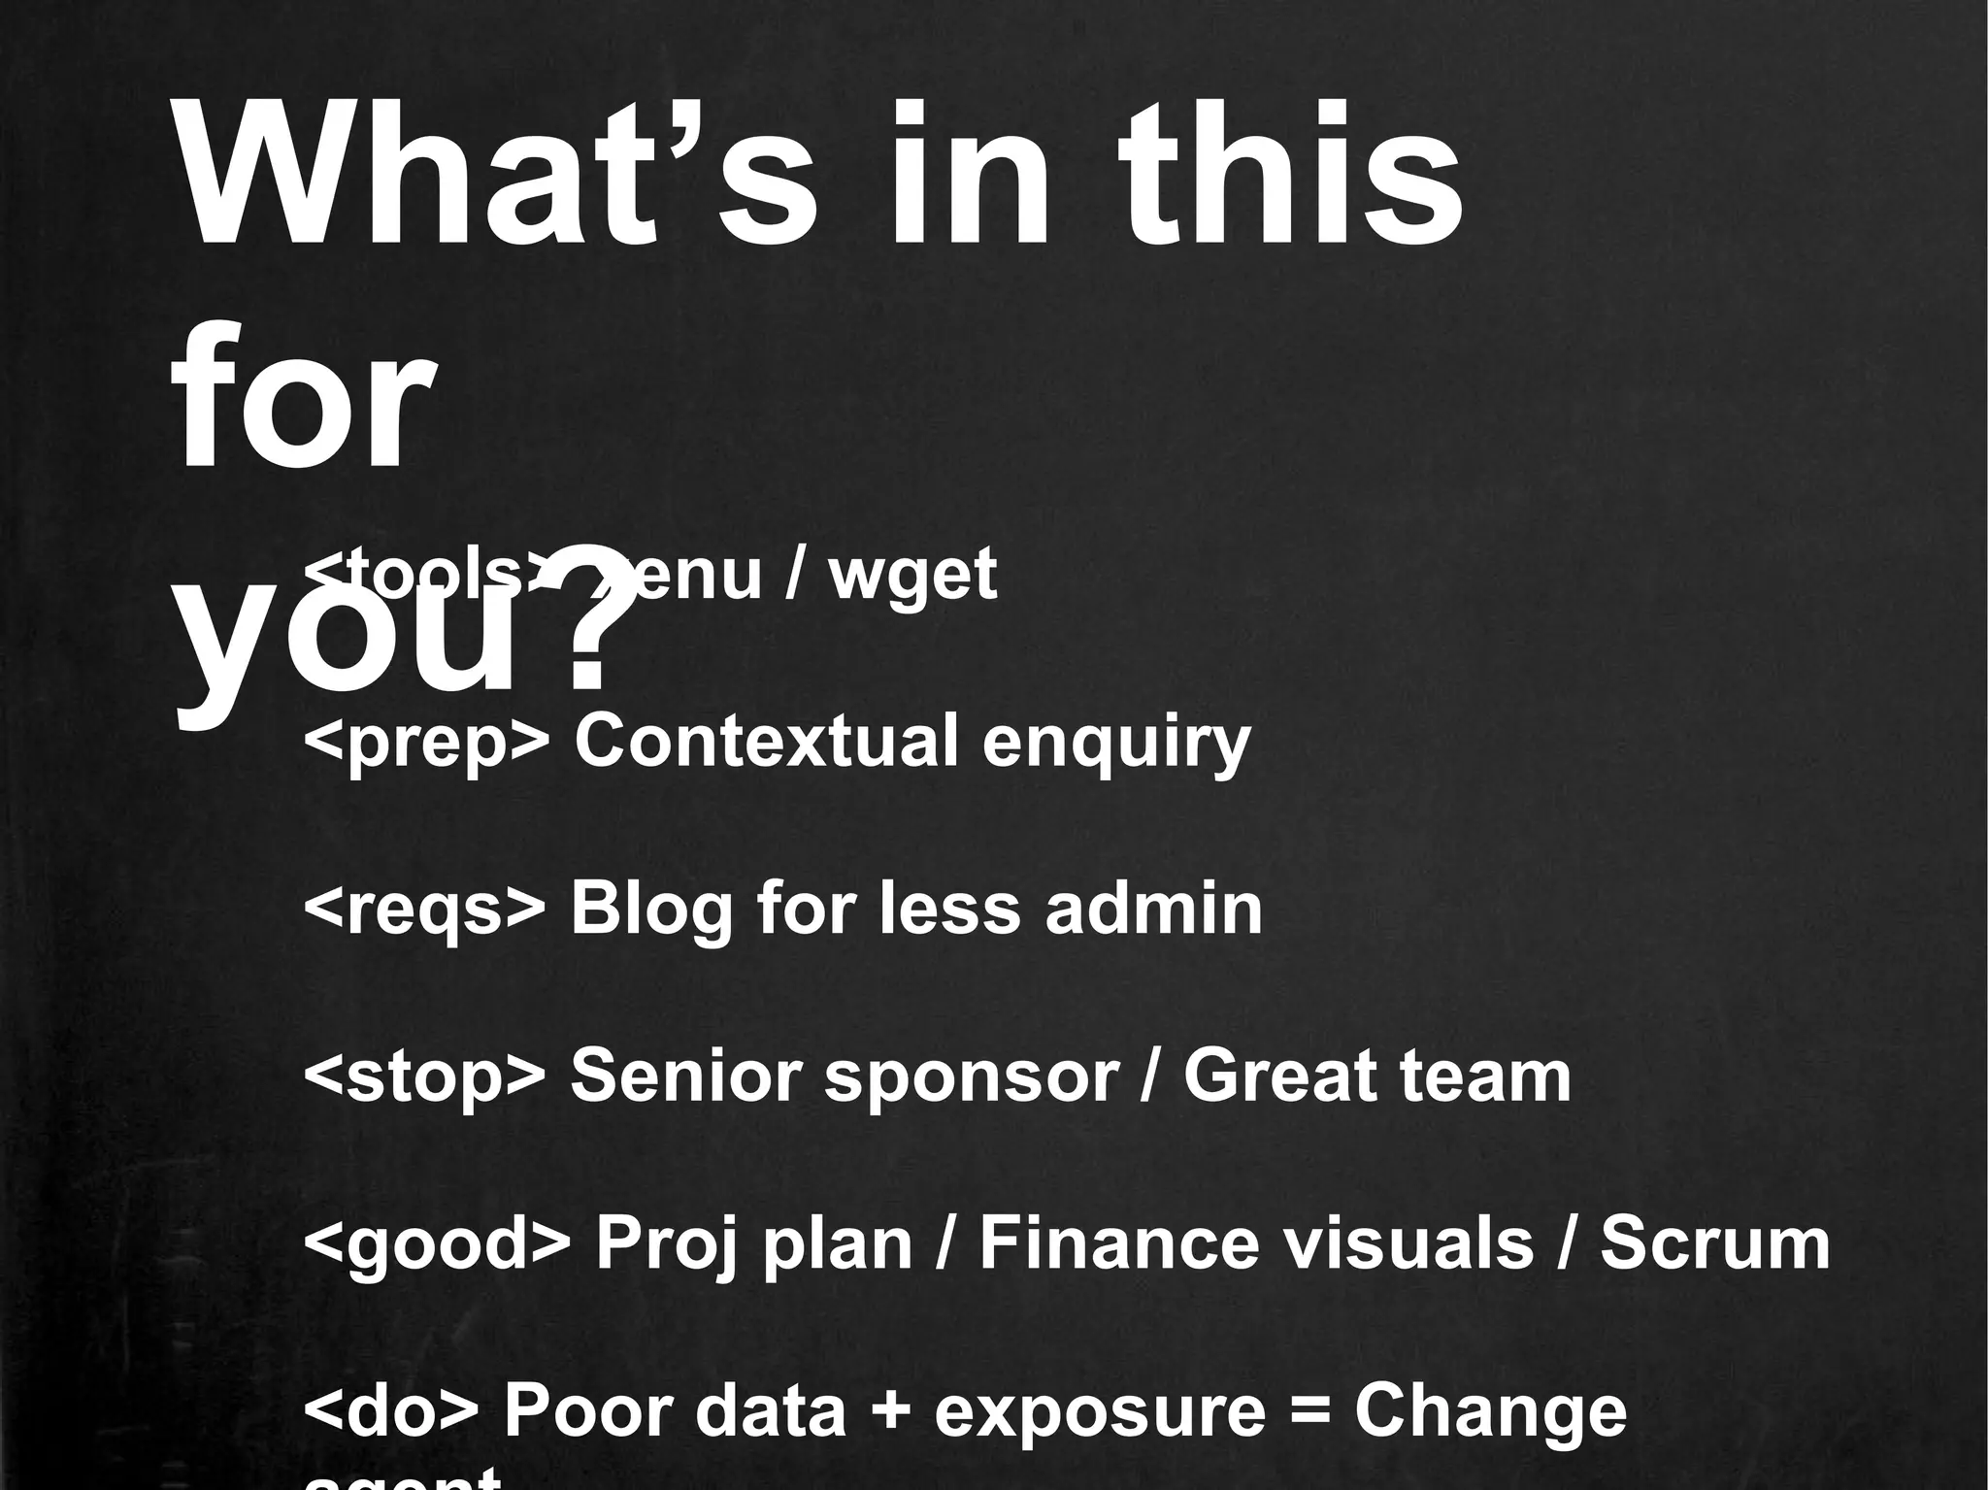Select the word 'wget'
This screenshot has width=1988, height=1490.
coord(912,575)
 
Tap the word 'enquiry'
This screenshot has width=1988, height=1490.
coord(1116,743)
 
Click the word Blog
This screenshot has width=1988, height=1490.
coord(651,911)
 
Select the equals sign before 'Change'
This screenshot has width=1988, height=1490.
coord(1309,1412)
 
